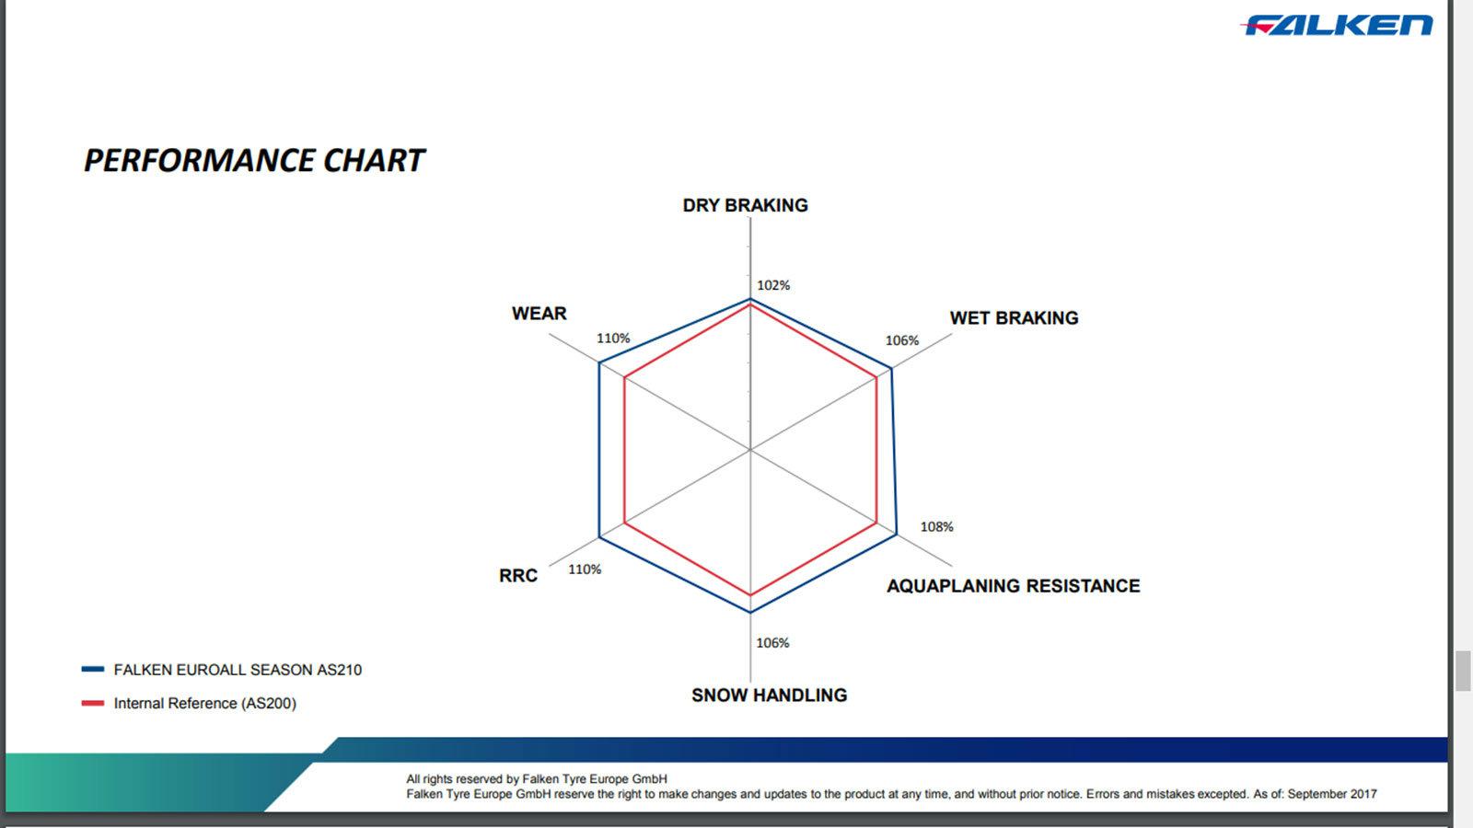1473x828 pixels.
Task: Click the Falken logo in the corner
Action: [1336, 25]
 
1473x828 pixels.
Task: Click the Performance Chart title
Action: [254, 161]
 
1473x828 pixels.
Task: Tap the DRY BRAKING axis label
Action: [745, 206]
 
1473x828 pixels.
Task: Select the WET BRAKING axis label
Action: [1014, 318]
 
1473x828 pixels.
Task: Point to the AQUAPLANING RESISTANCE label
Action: [1014, 585]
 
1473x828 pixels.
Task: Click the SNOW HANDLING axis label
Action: [770, 696]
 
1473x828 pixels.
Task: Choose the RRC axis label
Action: [518, 576]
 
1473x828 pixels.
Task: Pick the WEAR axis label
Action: [539, 314]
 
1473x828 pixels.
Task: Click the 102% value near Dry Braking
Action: [773, 285]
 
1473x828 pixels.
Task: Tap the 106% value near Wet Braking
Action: [901, 340]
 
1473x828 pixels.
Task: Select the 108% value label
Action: [936, 526]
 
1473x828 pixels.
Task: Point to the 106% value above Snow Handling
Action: [772, 643]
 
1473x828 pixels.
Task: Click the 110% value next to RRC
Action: [585, 569]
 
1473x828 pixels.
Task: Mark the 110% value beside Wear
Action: [613, 338]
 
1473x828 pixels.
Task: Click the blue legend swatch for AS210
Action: [93, 669]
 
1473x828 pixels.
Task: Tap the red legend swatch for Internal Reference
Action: [93, 703]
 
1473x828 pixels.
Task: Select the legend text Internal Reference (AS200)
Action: [205, 703]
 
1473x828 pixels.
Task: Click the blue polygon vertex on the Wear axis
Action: [599, 362]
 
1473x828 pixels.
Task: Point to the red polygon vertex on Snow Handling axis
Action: [750, 595]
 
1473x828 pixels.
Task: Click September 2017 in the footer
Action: [1331, 794]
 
